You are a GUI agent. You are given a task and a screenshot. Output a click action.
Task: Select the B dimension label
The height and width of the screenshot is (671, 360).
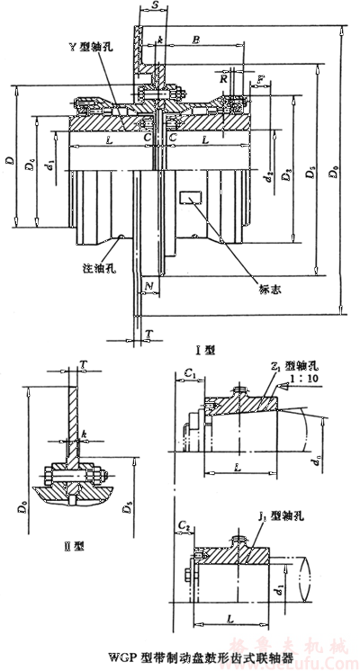(x=196, y=40)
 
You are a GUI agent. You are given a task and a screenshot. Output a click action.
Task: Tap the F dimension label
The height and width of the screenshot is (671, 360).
(x=260, y=80)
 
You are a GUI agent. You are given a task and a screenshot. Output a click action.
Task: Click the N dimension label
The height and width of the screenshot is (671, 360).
(x=148, y=287)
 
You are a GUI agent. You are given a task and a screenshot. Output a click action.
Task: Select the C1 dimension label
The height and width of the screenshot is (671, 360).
(x=188, y=371)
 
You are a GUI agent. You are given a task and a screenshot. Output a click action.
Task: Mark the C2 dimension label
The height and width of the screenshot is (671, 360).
(x=184, y=522)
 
